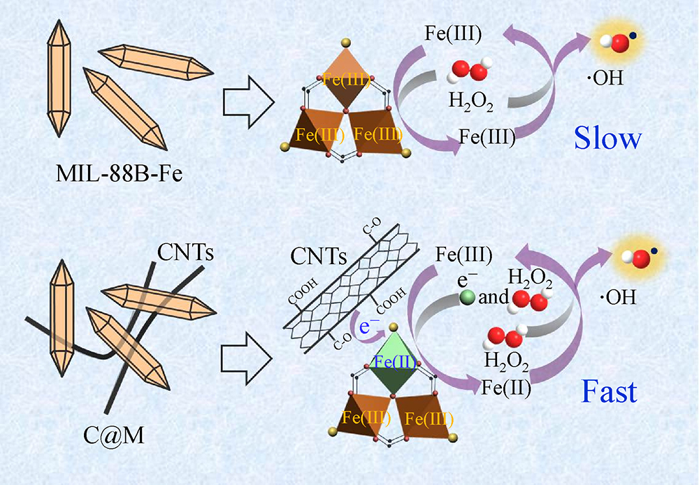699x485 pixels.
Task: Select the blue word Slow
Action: click(607, 138)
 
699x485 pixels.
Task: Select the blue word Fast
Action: click(609, 391)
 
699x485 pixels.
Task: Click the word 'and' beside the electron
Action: click(493, 298)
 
